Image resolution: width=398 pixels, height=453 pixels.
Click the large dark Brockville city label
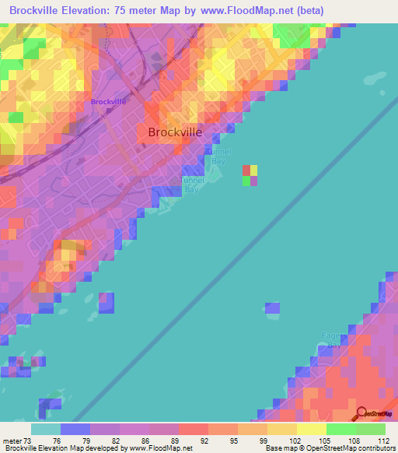tap(175, 132)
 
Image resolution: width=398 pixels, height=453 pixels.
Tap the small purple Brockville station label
tap(107, 102)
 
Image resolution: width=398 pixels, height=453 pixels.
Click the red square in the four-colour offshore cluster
tap(246, 170)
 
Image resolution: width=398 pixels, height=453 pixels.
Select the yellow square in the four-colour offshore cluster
tap(254, 170)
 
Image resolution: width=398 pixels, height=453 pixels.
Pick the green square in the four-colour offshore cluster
tap(246, 181)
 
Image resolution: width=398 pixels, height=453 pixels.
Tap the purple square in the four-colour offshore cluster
tap(254, 181)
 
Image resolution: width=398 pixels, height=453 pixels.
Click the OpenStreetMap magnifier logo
tap(362, 413)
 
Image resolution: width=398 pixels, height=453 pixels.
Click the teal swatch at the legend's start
tap(45, 429)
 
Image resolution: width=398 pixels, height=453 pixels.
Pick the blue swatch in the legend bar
tap(75, 429)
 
